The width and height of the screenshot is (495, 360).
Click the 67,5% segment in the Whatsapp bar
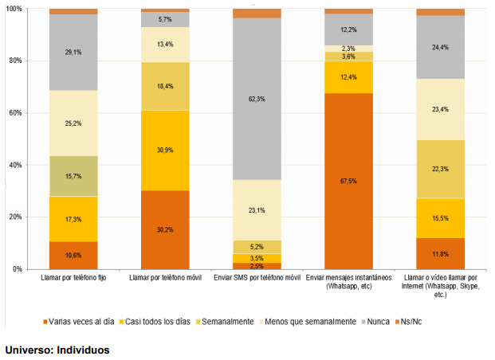tap(349, 181)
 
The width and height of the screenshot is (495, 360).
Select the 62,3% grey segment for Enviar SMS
tap(257, 99)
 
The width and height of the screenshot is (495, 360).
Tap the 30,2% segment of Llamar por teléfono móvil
tap(165, 229)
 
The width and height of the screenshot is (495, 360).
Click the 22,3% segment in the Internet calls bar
tap(441, 169)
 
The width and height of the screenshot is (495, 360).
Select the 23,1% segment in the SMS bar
tap(257, 209)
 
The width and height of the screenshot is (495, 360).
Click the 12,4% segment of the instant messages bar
tap(349, 77)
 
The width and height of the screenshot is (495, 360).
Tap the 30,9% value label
tap(165, 150)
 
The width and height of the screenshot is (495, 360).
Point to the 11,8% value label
tap(441, 254)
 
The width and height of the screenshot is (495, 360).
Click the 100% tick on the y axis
tap(18, 9)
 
